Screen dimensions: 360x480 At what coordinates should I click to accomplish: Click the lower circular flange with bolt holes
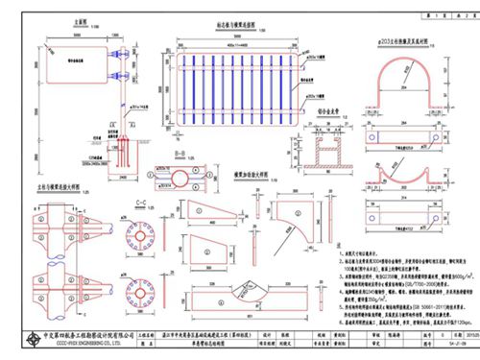pyautogui.click(x=133, y=288)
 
